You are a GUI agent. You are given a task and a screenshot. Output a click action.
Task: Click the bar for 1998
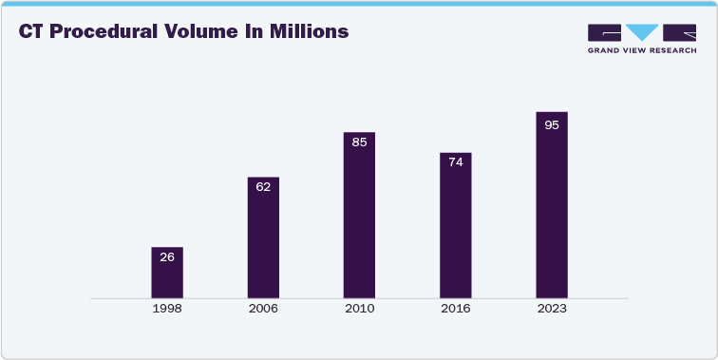[x=167, y=273]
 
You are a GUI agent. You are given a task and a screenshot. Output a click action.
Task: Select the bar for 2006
[x=263, y=237]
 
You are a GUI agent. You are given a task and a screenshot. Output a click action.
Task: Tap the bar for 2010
[x=359, y=216]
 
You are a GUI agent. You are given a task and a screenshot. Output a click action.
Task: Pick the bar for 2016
[x=455, y=225]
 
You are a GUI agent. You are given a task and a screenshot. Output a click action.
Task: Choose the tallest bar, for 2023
[x=552, y=205]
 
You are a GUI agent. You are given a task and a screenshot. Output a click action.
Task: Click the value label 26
[x=167, y=257]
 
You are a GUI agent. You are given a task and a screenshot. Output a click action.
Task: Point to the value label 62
[x=263, y=186]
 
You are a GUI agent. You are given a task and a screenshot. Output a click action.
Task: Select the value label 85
[x=359, y=142]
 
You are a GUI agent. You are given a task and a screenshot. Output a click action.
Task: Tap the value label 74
[x=455, y=162]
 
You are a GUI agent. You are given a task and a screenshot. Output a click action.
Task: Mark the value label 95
[x=552, y=124]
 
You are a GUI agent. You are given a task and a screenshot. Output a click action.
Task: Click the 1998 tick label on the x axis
[x=167, y=310]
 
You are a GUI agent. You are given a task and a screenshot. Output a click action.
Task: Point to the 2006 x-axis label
[x=263, y=310]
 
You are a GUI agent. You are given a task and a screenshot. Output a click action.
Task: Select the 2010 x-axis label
[x=359, y=310]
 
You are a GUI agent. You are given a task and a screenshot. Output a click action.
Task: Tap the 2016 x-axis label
[x=455, y=310]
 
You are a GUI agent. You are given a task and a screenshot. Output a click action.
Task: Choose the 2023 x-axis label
[x=552, y=310]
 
